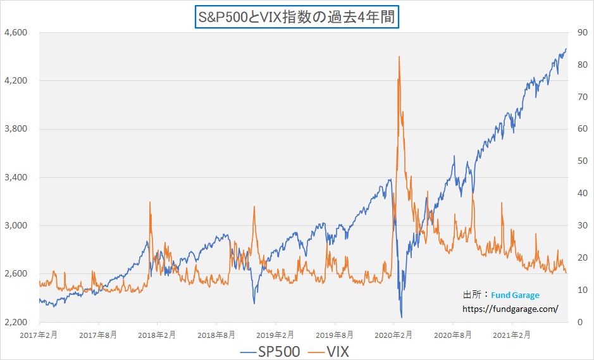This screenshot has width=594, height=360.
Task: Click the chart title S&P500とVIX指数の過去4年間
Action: click(x=296, y=16)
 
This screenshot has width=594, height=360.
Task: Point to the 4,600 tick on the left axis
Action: click(x=15, y=32)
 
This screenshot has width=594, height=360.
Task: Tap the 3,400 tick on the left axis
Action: click(x=15, y=177)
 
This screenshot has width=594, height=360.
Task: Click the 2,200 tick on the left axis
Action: click(x=15, y=322)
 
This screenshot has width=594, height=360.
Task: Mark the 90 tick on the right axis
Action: click(x=578, y=32)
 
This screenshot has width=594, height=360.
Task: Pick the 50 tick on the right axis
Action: click(x=578, y=161)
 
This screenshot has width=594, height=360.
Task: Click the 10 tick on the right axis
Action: click(x=578, y=290)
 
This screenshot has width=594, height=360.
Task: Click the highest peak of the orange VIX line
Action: click(x=399, y=57)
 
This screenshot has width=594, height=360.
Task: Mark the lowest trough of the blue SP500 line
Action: click(x=402, y=317)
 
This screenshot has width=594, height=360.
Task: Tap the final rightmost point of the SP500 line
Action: click(x=566, y=49)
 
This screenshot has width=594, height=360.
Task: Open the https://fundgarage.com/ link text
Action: click(x=510, y=309)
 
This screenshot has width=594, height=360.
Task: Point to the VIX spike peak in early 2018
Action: click(x=150, y=202)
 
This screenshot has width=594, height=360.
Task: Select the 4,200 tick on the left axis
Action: click(x=15, y=80)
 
